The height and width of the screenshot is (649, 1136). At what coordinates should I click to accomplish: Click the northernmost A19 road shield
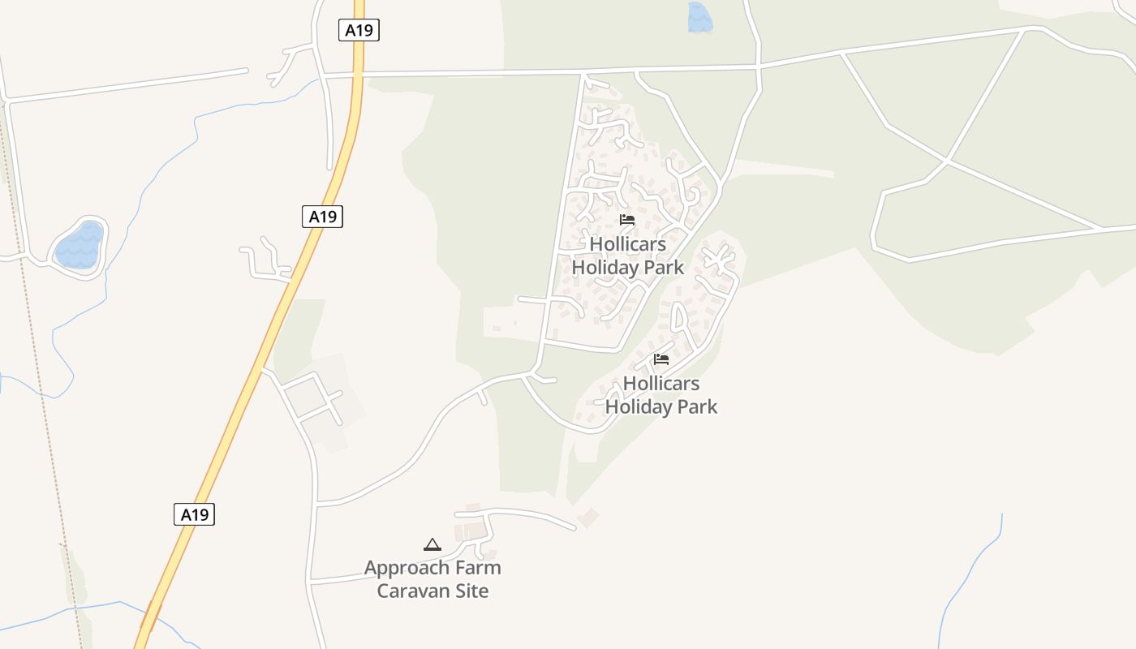(359, 31)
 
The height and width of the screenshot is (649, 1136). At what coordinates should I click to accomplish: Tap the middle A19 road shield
(323, 217)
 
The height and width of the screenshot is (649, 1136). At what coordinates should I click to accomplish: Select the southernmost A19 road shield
(194, 514)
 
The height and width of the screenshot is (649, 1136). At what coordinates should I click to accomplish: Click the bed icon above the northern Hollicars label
(627, 220)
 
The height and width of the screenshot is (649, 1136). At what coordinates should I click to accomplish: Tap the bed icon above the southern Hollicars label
(661, 359)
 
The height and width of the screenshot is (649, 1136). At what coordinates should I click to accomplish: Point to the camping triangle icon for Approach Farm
(432, 544)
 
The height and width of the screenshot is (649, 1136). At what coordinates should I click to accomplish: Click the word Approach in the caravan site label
(407, 568)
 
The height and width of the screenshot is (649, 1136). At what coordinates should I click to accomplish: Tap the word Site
(471, 591)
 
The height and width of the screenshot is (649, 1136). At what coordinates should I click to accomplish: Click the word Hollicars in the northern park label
(627, 244)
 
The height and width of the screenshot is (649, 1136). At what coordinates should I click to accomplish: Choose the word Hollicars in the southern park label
(661, 383)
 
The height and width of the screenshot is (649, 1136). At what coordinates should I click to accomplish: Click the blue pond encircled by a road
(79, 246)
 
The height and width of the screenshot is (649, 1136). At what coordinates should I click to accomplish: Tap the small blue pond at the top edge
(699, 17)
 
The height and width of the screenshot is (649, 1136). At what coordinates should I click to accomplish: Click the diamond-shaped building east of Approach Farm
(588, 517)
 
